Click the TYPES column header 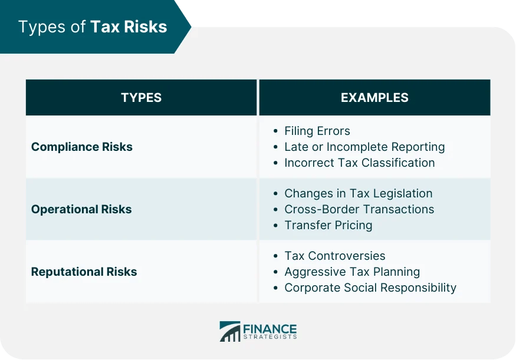coord(141,98)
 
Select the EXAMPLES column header coord(374,98)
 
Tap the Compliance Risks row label coord(81,147)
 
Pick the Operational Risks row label coord(81,209)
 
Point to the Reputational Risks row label coord(84,272)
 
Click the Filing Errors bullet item coord(317,131)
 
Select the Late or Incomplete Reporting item coord(364,147)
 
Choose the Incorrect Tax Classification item coord(359,163)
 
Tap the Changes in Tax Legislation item coord(358,193)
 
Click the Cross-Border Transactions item coord(359,209)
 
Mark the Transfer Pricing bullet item coord(328,225)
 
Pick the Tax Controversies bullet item coord(334,256)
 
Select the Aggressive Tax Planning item coord(352,272)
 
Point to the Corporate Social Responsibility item coord(370,288)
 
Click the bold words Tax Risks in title coord(129,27)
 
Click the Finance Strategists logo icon coord(229,331)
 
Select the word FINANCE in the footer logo coord(269,328)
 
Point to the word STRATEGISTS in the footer coord(269,337)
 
